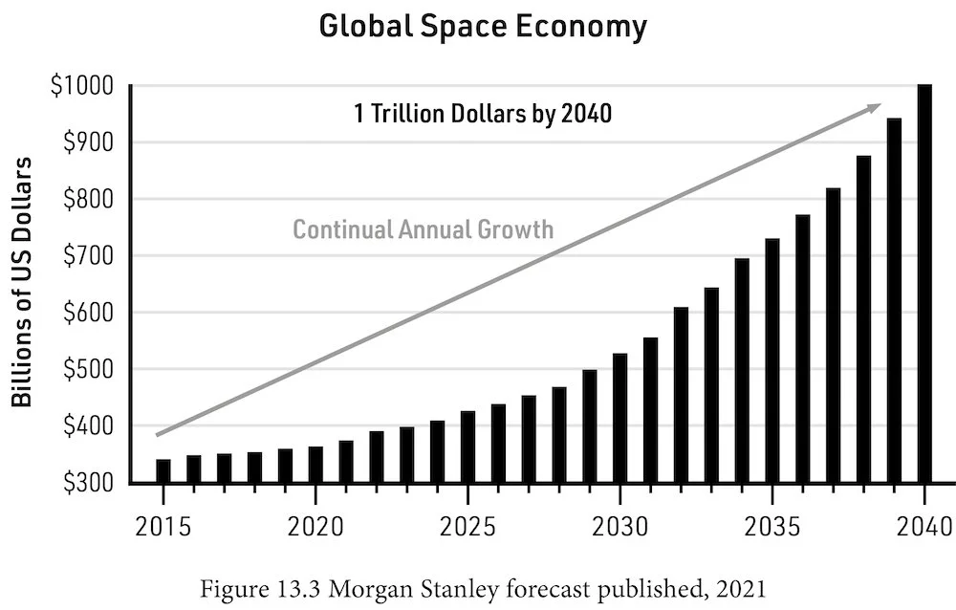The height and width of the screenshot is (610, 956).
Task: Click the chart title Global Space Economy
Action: click(x=482, y=27)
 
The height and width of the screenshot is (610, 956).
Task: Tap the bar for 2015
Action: click(x=163, y=471)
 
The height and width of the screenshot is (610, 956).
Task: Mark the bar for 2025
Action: click(x=467, y=447)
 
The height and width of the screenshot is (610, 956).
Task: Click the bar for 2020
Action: click(x=315, y=464)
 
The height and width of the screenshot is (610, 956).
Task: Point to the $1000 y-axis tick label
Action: click(x=87, y=87)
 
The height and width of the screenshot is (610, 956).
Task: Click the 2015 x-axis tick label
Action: click(x=163, y=527)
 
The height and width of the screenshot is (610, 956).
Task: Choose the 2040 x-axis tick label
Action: click(x=924, y=527)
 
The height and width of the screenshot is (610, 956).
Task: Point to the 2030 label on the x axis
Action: click(x=619, y=527)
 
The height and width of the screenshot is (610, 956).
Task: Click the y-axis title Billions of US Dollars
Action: click(x=23, y=284)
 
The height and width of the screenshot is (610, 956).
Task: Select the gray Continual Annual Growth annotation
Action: click(x=423, y=229)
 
